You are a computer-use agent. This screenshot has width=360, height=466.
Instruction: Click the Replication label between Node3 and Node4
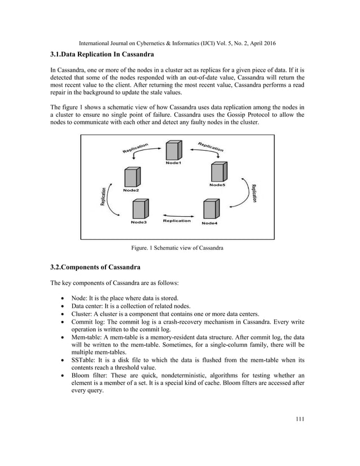coord(177,221)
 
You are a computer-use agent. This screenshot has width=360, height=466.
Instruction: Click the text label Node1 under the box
coord(174,164)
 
